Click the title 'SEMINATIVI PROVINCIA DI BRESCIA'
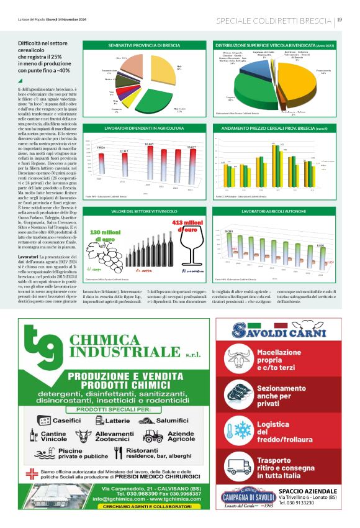[x=144, y=46]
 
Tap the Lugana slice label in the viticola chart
[x=230, y=98]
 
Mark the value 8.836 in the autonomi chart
[x=320, y=246]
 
